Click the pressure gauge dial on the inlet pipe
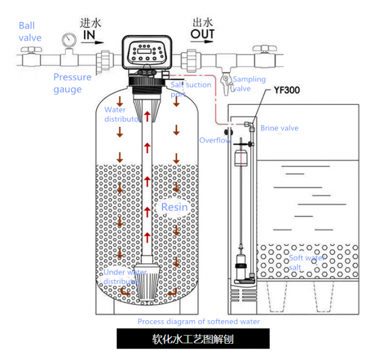tap(70, 40)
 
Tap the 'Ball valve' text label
tap(30, 32)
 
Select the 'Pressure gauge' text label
tap(72, 83)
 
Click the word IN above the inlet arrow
tap(88, 36)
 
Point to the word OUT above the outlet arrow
tap(203, 35)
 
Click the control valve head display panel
tap(146, 50)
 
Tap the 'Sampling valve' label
tap(249, 84)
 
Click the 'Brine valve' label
tap(279, 128)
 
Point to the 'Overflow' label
tap(215, 140)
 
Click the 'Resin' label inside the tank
tap(174, 207)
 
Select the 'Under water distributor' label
tap(124, 276)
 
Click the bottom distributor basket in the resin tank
tap(148, 282)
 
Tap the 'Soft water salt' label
tap(306, 263)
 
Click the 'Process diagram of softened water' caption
tap(198, 321)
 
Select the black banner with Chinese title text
tap(193, 339)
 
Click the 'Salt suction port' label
tap(191, 89)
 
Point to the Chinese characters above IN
tap(90, 23)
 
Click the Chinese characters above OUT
tap(203, 22)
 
